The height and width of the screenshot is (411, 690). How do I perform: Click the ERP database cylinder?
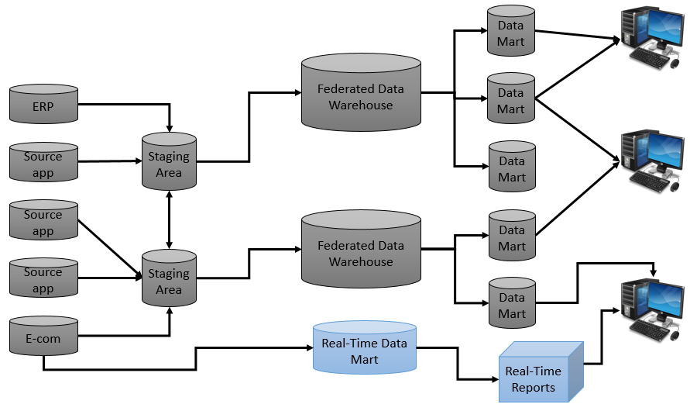(x=43, y=105)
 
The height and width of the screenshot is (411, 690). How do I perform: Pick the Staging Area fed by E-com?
(x=169, y=280)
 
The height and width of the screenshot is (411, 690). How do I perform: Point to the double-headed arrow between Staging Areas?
(x=169, y=220)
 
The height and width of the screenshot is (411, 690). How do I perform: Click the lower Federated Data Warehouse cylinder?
(x=361, y=251)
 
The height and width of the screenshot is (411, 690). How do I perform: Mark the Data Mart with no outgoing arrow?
(x=511, y=168)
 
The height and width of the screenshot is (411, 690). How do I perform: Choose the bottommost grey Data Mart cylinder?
(x=511, y=303)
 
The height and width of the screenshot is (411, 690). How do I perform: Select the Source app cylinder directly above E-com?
(x=43, y=278)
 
